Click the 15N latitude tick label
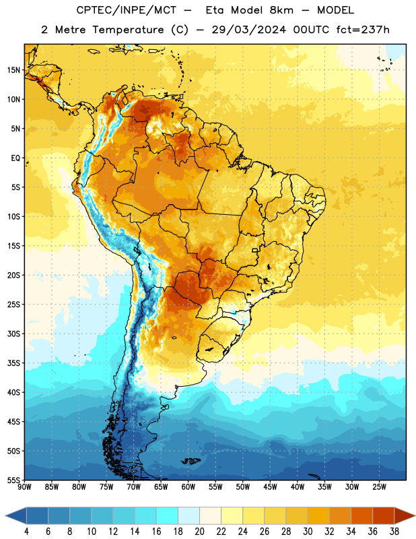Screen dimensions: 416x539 pos(13,70)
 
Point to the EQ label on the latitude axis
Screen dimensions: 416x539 pos(15,158)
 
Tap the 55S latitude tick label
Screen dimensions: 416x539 pos(13,480)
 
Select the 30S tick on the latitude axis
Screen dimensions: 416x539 pos(13,334)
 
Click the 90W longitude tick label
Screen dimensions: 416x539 pos(24,487)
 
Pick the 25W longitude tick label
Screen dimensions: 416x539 pos(379,487)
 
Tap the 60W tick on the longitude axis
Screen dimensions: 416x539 pos(188,487)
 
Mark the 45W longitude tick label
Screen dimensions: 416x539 pos(270,487)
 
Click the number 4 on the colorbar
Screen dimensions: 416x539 pos(26,532)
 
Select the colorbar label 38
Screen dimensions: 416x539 pos(394,532)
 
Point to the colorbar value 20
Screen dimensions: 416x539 pos(199,532)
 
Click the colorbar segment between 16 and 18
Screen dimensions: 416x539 pos(168,516)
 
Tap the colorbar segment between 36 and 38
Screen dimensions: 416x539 pos(384,516)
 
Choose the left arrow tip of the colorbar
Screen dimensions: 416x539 pos(5,516)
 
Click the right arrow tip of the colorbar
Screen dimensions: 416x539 pos(415,516)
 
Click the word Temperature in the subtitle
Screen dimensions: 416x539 pos(128,30)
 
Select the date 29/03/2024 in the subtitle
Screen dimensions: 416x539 pos(248,30)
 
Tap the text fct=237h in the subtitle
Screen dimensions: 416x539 pos(363,30)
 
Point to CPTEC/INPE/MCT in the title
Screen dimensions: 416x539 pos(126,10)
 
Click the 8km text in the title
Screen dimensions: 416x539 pos(281,10)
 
